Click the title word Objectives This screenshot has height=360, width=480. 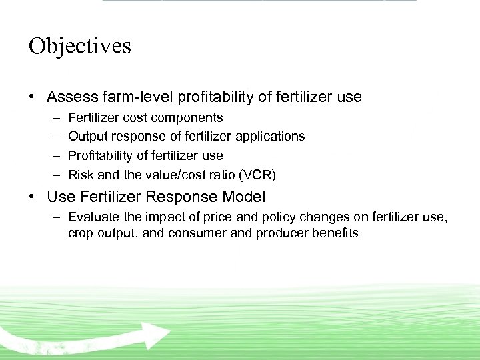point(80,46)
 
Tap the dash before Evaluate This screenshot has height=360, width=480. point(57,217)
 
